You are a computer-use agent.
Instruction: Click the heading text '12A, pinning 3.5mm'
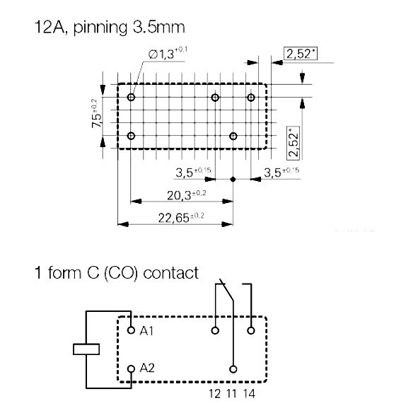click(x=110, y=28)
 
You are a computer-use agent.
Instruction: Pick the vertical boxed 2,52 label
click(x=294, y=144)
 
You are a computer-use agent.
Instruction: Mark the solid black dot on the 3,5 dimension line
click(x=233, y=180)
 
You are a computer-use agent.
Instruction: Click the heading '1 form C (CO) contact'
click(x=117, y=273)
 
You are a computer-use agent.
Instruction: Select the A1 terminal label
click(x=146, y=331)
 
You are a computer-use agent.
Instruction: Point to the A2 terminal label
click(x=147, y=368)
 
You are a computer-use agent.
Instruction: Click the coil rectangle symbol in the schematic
click(x=86, y=349)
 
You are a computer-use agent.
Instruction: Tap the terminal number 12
click(x=214, y=394)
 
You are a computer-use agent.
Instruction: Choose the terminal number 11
click(x=232, y=394)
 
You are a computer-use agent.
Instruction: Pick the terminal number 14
click(x=249, y=394)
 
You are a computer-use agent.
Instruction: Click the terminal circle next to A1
click(x=131, y=330)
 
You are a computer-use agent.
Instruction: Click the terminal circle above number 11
click(x=233, y=369)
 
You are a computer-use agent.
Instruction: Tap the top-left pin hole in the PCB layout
click(x=131, y=98)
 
